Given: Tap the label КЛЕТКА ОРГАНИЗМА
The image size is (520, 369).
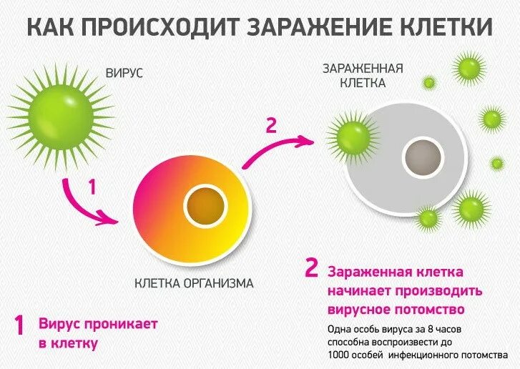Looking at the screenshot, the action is click(x=194, y=283).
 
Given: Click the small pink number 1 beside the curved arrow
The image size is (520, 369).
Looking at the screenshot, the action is click(x=92, y=187).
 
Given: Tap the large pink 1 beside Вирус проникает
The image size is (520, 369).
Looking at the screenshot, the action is click(x=20, y=325).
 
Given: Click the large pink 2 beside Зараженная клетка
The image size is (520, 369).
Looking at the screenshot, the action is click(x=311, y=267).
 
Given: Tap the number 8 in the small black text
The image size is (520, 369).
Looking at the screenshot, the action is click(x=428, y=329).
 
